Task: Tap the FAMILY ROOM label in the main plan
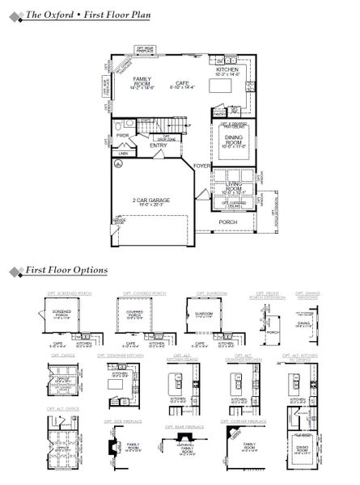(x=142, y=80)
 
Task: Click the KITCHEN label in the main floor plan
(x=227, y=71)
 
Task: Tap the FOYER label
(x=201, y=164)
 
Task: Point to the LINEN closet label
(x=123, y=153)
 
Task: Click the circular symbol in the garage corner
(x=117, y=163)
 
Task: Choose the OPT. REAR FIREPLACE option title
(x=180, y=426)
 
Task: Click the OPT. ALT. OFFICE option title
(x=63, y=409)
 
